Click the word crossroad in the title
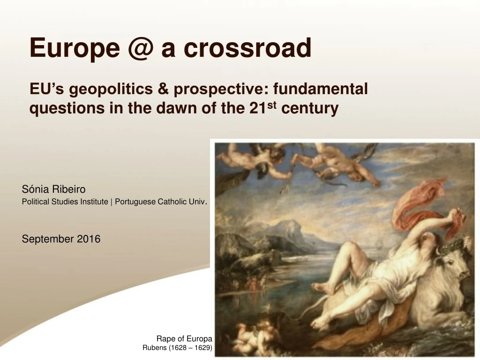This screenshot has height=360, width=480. [236, 48]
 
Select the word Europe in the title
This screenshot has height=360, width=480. [74, 48]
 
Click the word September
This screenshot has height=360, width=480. [48, 239]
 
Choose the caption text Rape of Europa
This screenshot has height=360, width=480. [184, 339]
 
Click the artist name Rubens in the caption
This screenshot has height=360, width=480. [154, 348]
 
